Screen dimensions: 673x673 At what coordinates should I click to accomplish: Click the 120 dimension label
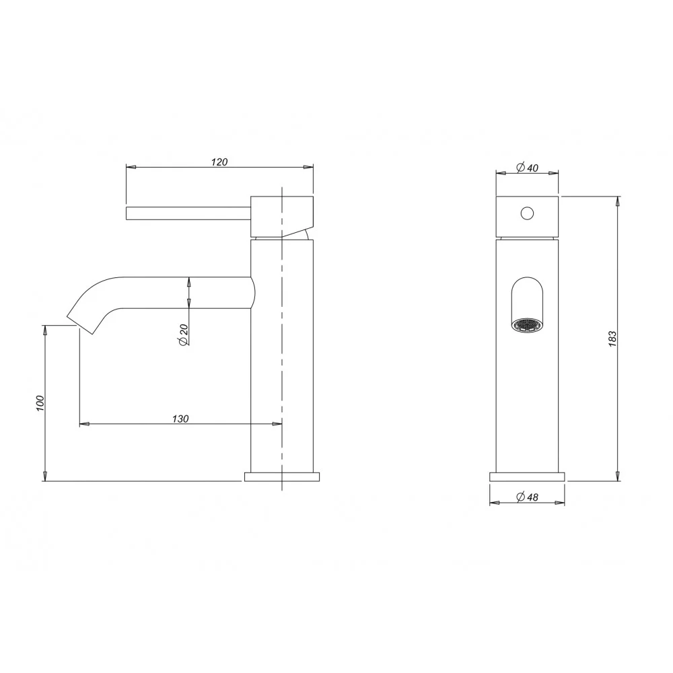pyautogui.click(x=219, y=162)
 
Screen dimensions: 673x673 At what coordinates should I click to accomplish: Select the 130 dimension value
pyautogui.click(x=180, y=419)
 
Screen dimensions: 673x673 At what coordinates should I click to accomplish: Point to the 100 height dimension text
pyautogui.click(x=40, y=403)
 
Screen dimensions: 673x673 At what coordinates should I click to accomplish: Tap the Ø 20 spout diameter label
pyautogui.click(x=183, y=334)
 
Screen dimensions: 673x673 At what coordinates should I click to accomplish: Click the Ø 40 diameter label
pyautogui.click(x=527, y=168)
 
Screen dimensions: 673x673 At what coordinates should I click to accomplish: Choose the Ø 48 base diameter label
pyautogui.click(x=527, y=497)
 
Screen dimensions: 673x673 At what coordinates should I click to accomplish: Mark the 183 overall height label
pyautogui.click(x=612, y=339)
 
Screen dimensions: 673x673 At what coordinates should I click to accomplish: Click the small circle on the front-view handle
pyautogui.click(x=527, y=213)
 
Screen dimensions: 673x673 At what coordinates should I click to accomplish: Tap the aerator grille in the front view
pyautogui.click(x=527, y=325)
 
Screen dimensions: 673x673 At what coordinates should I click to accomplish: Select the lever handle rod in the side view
pyautogui.click(x=188, y=213)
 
